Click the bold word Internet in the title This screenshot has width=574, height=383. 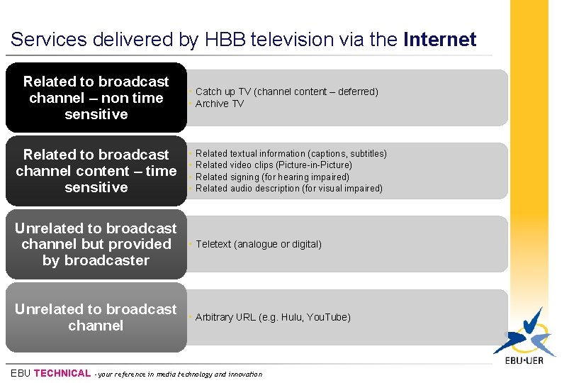[x=439, y=40]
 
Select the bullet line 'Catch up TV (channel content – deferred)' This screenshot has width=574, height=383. [x=286, y=91]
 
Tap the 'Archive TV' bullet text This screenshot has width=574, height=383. [x=219, y=104]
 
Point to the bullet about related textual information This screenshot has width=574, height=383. [x=291, y=153]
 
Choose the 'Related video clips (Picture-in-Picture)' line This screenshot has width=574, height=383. [x=274, y=165]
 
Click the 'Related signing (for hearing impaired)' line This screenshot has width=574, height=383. [x=272, y=177]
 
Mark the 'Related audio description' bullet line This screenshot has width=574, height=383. [x=288, y=188]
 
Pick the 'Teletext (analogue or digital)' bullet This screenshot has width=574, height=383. [x=258, y=244]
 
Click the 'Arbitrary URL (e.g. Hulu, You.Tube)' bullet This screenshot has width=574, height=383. [x=273, y=317]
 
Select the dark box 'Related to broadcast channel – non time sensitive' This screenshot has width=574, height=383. [x=96, y=98]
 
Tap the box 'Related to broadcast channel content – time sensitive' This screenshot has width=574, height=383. [x=96, y=171]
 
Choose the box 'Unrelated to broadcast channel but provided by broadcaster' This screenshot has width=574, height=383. [x=96, y=244]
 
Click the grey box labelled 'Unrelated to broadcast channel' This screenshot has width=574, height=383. [x=96, y=317]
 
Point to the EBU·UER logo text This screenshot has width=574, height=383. [x=525, y=360]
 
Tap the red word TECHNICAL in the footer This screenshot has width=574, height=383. [x=62, y=373]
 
